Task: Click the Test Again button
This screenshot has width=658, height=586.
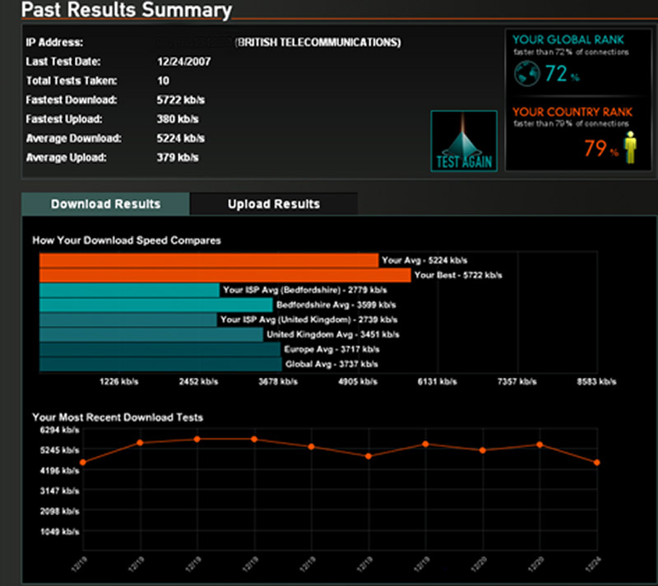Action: (464, 141)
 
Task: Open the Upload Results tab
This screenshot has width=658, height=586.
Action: (274, 204)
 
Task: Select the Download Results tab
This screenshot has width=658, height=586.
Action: (105, 204)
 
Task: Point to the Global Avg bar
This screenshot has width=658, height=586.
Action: (160, 364)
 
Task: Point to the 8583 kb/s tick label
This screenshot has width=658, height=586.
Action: (596, 382)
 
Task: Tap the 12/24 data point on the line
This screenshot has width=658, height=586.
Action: (597, 463)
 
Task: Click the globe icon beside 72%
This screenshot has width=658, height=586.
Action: (526, 74)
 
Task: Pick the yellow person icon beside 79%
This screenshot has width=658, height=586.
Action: (630, 148)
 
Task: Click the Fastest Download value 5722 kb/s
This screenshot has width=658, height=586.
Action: (181, 100)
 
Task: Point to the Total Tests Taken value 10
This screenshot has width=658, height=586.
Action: (162, 81)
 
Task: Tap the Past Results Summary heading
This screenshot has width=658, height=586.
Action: (126, 11)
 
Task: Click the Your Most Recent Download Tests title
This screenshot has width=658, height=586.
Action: (118, 417)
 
